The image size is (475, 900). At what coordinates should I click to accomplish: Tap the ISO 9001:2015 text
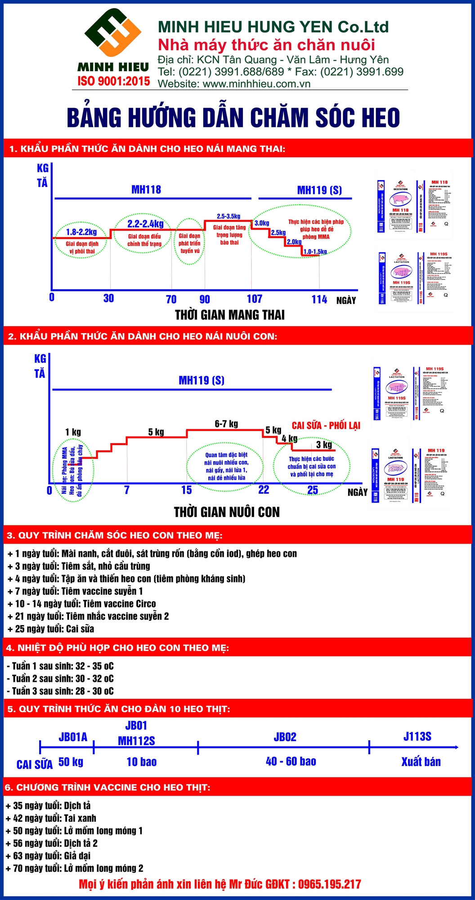pos(113,81)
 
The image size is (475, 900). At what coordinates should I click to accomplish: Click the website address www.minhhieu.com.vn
pos(256,84)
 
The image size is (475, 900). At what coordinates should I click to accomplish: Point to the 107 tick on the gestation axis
pos(255,299)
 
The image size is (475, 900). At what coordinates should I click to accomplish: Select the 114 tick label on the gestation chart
pos(319,299)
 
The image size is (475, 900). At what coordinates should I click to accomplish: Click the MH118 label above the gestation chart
pos(146,190)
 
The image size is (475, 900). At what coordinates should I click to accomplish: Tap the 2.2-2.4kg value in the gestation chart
pos(145,224)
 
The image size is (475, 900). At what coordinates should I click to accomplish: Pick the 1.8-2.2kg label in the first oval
pos(81,232)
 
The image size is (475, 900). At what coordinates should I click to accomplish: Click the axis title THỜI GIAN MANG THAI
pos(229,315)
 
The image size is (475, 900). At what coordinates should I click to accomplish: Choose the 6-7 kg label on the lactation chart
pos(226,424)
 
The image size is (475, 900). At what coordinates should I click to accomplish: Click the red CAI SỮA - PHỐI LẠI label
pos(326,426)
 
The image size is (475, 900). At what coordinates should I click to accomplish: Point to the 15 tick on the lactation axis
pos(187,490)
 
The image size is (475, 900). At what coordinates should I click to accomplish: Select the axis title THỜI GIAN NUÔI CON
pos(227,512)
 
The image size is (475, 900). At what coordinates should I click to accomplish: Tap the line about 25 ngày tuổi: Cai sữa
pos(51,629)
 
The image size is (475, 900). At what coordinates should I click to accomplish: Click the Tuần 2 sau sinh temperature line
pos(60,679)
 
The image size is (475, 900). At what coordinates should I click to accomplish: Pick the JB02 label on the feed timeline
pos(285,737)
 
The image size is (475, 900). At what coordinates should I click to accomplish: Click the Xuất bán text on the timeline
pos(421,762)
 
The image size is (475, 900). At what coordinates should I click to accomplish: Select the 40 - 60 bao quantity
pos(291,761)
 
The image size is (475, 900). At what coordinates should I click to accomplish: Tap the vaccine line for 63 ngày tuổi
pos(48,856)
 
